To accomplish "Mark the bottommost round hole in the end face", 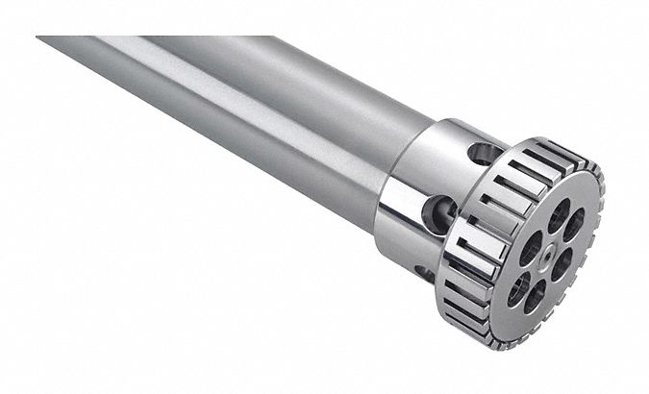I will [x=535, y=295].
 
